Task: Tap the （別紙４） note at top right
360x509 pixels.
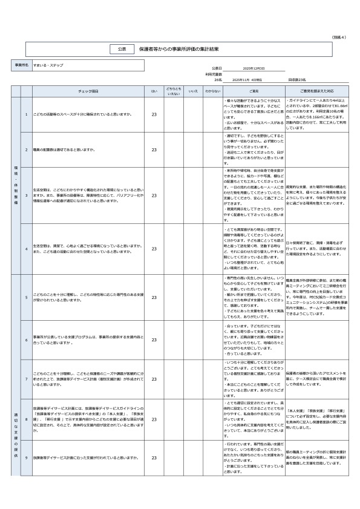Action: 339,37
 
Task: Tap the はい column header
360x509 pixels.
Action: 154,90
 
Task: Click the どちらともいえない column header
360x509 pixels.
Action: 174,91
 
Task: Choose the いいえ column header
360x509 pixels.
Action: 193,90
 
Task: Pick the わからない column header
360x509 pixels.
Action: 212,90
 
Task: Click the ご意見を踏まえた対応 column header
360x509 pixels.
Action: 314,90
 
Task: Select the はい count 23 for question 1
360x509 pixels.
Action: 154,114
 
